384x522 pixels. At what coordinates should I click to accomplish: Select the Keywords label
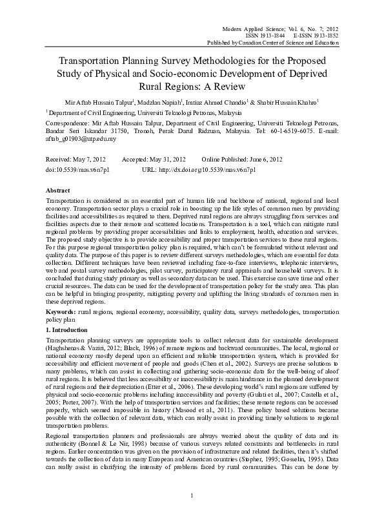63,311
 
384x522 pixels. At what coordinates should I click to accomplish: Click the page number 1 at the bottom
192,513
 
